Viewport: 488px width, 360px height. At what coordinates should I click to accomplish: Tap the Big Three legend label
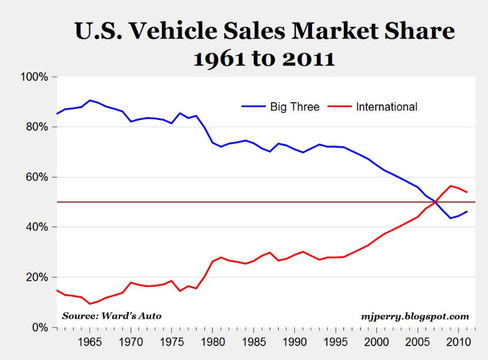295,107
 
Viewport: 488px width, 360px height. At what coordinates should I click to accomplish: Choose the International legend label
386,107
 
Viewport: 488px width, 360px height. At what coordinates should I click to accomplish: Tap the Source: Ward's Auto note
112,316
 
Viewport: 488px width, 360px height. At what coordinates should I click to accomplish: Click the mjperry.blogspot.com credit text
415,316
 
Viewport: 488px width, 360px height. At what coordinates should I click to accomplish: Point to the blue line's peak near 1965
90,100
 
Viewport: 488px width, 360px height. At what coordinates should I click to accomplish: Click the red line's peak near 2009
450,185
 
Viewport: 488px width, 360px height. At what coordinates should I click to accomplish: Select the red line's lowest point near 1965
90,304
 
